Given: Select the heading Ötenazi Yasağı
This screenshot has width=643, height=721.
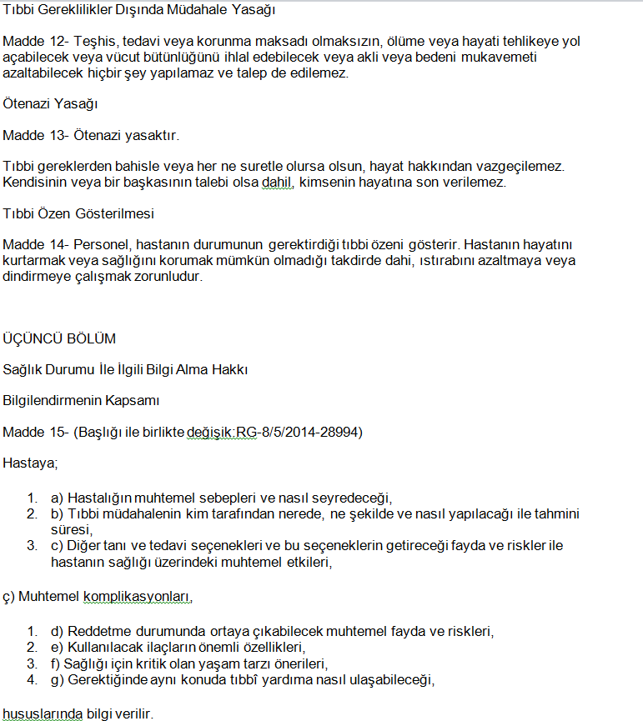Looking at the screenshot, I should (x=50, y=104).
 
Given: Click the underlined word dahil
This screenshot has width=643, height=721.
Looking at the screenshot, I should (x=277, y=182).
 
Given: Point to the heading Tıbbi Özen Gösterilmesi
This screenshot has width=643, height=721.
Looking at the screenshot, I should (x=78, y=213).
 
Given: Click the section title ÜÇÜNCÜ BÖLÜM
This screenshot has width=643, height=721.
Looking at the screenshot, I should (x=59, y=338).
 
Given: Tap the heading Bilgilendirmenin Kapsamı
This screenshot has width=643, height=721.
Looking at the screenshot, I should (x=81, y=400).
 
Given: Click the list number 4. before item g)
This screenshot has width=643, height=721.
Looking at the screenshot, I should (x=32, y=680).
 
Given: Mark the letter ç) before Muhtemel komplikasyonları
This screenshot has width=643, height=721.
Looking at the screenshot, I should (x=9, y=598).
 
